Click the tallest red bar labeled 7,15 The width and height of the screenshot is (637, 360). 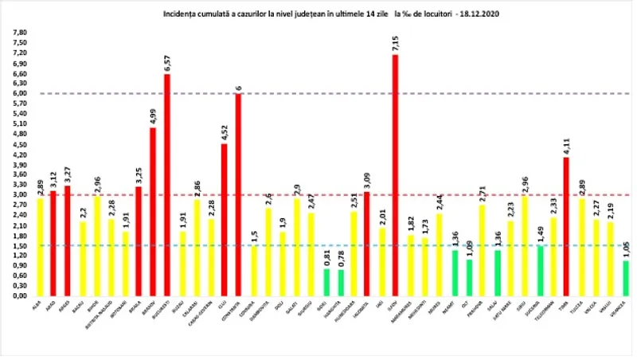tap(395, 175)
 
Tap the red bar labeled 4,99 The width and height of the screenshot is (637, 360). tap(153, 211)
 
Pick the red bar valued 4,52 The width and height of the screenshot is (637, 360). tap(225, 219)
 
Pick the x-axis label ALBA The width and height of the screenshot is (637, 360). tap(39, 303)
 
